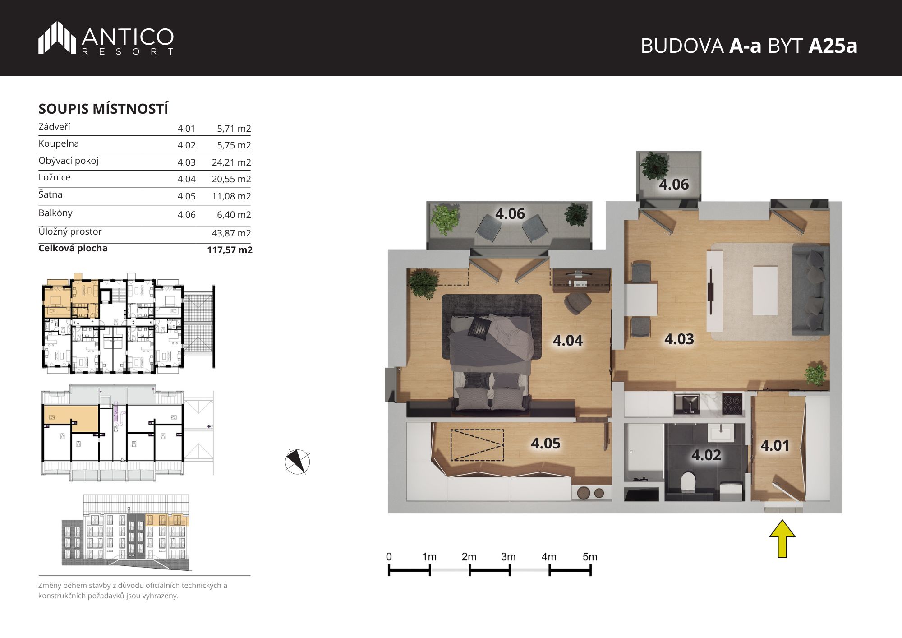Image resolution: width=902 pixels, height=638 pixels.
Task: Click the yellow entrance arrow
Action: coord(782,538)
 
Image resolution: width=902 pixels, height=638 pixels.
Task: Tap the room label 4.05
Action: coord(546,444)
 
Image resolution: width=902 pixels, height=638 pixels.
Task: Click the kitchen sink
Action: coord(686,403)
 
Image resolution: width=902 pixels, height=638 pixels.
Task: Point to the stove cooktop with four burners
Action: coord(732,403)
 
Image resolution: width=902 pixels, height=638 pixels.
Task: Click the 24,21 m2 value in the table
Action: coord(231,162)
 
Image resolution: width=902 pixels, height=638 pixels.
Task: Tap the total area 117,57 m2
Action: coord(230,250)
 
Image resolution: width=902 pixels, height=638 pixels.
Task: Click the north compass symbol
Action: coord(297,462)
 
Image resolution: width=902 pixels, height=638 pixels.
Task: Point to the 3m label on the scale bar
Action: coord(508,557)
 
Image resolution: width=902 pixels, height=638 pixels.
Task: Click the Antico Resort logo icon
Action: coord(57,38)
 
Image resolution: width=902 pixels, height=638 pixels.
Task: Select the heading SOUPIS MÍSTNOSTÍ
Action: coord(103,109)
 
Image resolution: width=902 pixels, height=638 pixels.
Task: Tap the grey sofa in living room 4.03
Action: coord(810,290)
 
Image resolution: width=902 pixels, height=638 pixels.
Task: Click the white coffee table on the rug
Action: coord(765,291)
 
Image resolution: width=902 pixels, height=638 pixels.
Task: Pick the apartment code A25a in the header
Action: coord(833,46)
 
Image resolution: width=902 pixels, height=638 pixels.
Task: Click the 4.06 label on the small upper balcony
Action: coord(674,185)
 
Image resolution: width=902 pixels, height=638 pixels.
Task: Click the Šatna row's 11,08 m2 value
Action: coord(231,196)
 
